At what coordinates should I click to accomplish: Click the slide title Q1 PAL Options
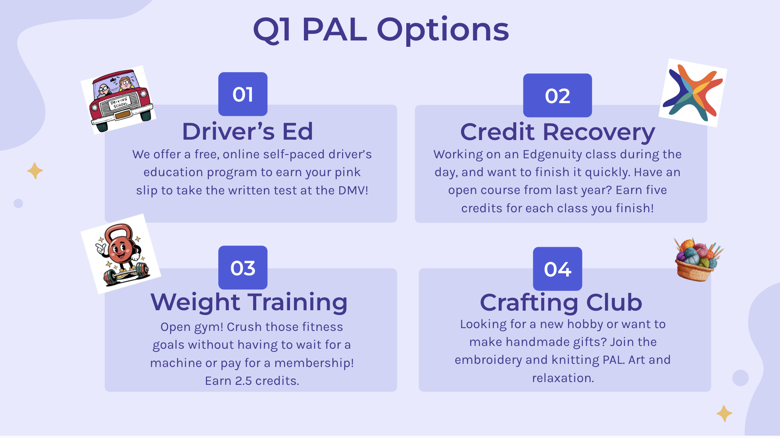[x=381, y=30]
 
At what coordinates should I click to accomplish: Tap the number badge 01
[x=243, y=94]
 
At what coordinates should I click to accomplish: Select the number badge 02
[x=557, y=95]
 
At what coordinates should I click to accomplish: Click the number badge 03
[x=243, y=267]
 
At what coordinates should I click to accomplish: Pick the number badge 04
[x=557, y=269]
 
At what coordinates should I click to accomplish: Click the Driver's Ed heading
[x=248, y=131]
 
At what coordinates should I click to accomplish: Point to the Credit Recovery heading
[x=557, y=132]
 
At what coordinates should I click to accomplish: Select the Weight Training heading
[x=249, y=302]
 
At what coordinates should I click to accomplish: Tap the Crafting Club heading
[x=561, y=303]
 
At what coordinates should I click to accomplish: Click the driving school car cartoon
[x=118, y=100]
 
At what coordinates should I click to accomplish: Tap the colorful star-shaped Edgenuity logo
[x=693, y=93]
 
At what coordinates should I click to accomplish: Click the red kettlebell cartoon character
[x=121, y=254]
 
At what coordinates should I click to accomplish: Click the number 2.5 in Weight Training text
[x=243, y=381]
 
